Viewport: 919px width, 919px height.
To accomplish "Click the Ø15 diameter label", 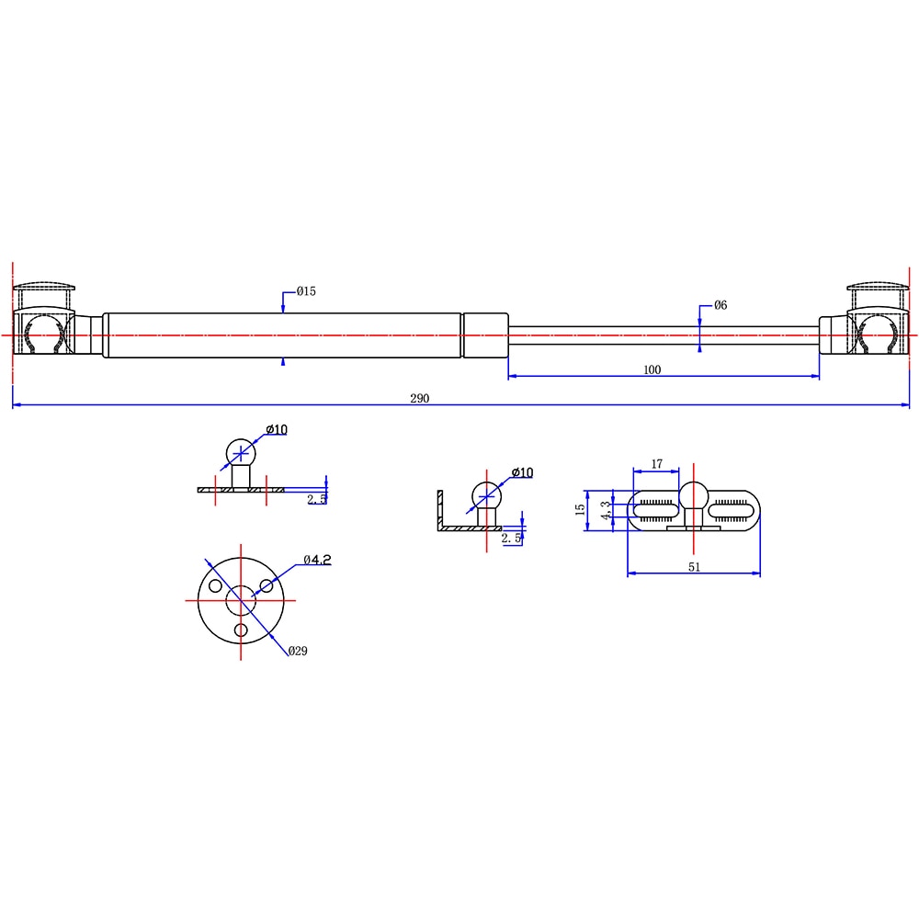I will click(x=306, y=291).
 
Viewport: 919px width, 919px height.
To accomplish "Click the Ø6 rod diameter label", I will click(x=720, y=305).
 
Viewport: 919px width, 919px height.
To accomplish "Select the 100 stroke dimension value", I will click(x=652, y=370).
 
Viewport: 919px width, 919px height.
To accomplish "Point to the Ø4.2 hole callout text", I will click(x=317, y=559).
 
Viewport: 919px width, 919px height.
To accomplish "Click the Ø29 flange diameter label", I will click(x=297, y=651).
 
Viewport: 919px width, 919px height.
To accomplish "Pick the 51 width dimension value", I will click(x=694, y=567).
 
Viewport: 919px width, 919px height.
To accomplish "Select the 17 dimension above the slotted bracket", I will click(x=656, y=465).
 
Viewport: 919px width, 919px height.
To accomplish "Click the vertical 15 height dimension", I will click(x=580, y=508).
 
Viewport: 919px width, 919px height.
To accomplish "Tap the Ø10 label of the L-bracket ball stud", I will click(x=522, y=472).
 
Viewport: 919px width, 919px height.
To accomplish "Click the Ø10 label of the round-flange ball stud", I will click(x=277, y=430).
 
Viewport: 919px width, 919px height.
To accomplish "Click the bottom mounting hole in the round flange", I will click(x=242, y=630).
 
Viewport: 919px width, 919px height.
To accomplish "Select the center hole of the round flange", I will click(x=241, y=599).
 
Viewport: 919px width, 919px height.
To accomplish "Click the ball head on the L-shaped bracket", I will click(x=485, y=497).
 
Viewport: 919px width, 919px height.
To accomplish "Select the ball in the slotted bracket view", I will click(x=693, y=499).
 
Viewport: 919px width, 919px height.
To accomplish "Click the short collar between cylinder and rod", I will click(x=484, y=335).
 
